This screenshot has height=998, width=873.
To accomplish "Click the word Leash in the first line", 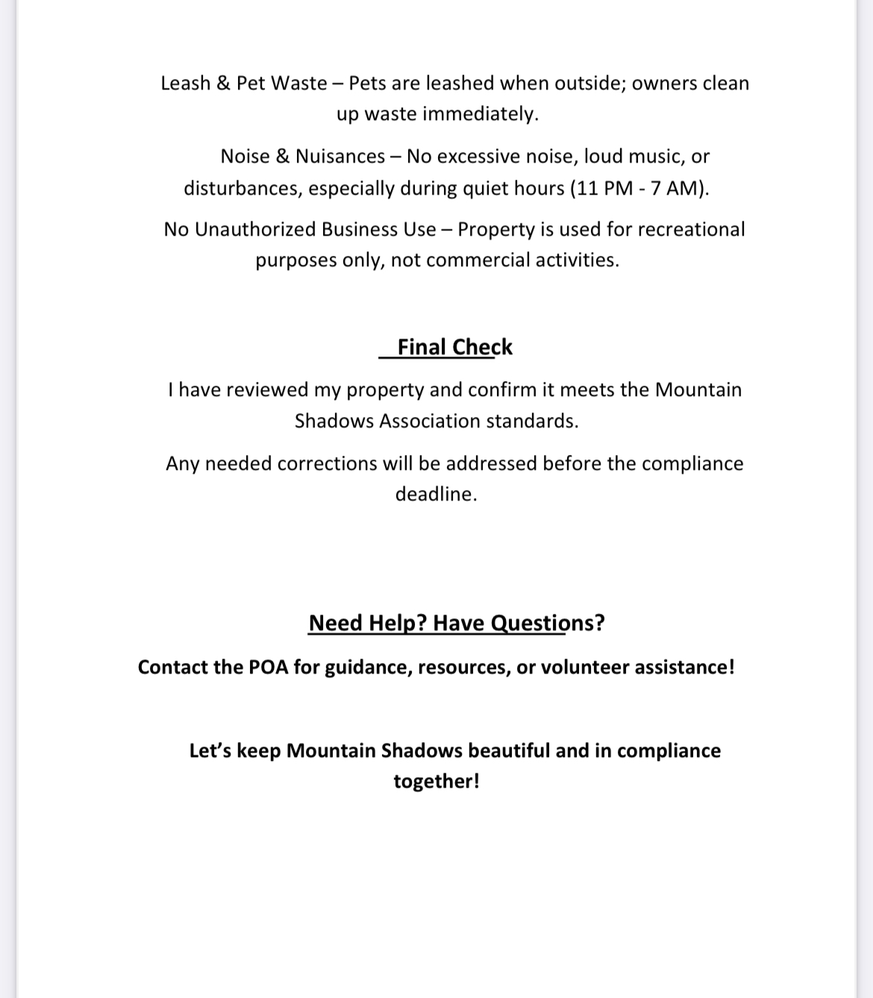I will [185, 83].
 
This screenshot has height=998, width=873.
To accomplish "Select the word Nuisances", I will [340, 157].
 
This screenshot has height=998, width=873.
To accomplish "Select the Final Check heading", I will [454, 348].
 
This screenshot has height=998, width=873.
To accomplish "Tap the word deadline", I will [435, 495].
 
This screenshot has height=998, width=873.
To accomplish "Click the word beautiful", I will [508, 750].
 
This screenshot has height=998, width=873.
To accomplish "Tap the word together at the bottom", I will [436, 782].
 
